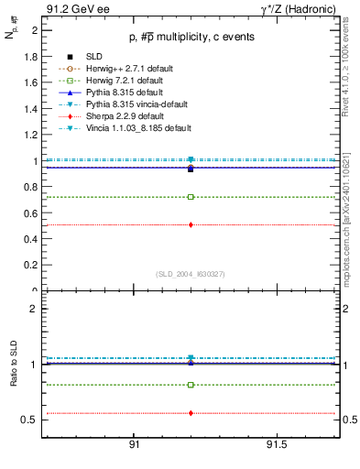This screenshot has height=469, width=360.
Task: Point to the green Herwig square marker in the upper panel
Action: [191, 197]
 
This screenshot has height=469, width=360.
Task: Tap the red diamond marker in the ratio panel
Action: [191, 413]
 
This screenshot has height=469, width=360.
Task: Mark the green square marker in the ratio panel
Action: [191, 385]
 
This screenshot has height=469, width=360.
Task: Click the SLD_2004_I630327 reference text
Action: [191, 274]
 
